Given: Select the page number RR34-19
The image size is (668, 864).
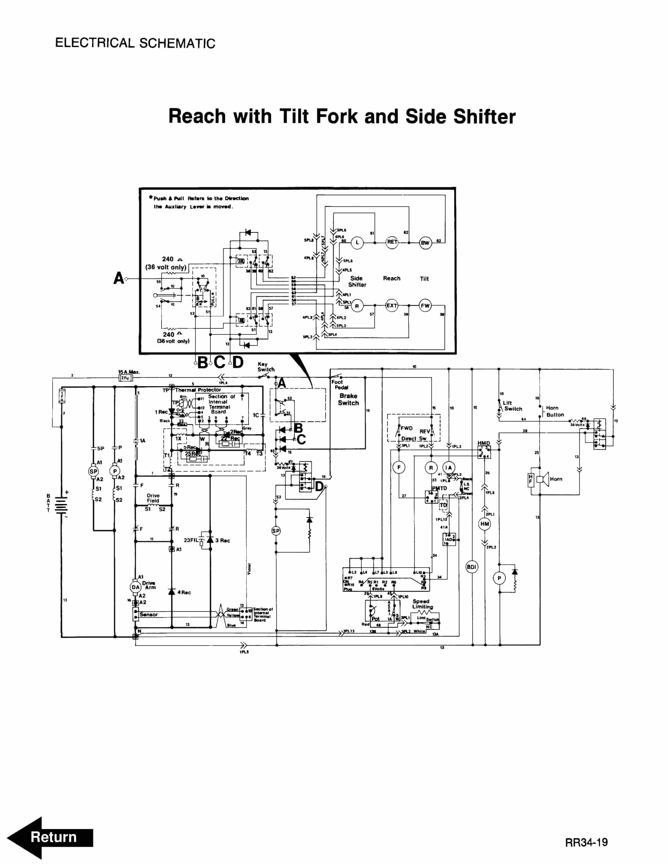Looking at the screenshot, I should click(586, 842).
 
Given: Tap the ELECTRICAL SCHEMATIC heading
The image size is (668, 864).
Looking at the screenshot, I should click(135, 43).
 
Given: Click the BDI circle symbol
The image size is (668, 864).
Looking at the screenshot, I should click(471, 567).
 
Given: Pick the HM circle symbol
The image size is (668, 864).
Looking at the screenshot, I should click(484, 524).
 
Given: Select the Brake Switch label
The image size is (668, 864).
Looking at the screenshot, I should click(348, 399).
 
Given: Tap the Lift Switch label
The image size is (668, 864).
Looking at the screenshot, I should click(512, 406).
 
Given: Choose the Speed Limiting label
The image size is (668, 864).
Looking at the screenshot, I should click(422, 604).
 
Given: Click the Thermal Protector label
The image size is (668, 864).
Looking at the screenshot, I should click(198, 390).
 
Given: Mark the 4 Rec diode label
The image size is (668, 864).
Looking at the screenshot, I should click(184, 592).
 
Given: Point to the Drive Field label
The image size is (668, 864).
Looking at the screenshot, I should click(153, 498).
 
